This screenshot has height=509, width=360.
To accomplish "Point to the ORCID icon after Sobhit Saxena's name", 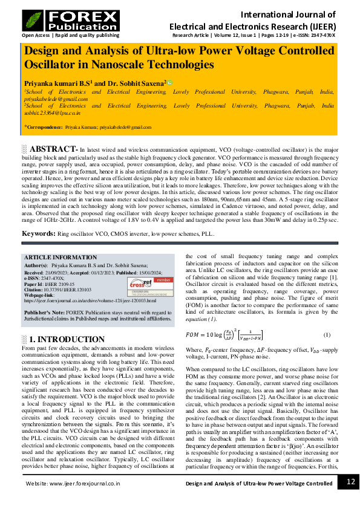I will point(171,82).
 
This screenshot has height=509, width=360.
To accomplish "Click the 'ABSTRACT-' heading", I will point(53,149).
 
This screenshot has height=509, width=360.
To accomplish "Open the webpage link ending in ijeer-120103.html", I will point(89,300).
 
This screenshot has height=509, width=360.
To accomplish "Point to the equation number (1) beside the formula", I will point(326,335).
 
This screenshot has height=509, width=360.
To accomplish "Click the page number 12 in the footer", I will point(348,481).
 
